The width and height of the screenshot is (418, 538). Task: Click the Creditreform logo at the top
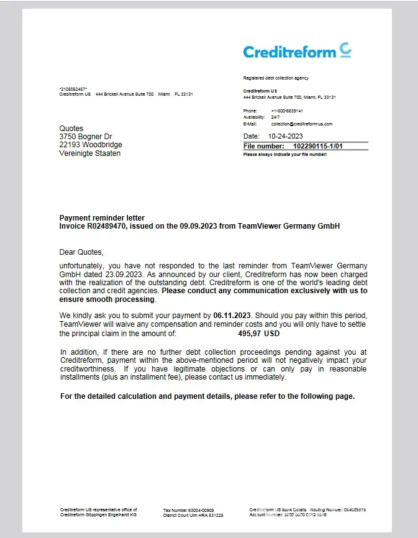click(x=298, y=51)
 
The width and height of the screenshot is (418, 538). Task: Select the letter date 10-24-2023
click(x=285, y=135)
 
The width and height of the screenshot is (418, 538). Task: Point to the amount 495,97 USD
click(x=259, y=334)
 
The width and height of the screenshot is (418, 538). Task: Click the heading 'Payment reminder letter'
click(x=102, y=218)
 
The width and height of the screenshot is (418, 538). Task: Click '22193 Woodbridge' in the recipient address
click(x=91, y=144)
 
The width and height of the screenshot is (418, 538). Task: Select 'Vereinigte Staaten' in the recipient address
click(x=90, y=153)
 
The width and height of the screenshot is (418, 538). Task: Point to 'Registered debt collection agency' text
click(x=275, y=78)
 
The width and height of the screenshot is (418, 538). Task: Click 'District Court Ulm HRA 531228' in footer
click(x=193, y=515)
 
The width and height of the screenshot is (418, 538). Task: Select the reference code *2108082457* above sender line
click(x=73, y=89)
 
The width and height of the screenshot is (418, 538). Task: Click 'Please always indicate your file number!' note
click(x=285, y=154)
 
